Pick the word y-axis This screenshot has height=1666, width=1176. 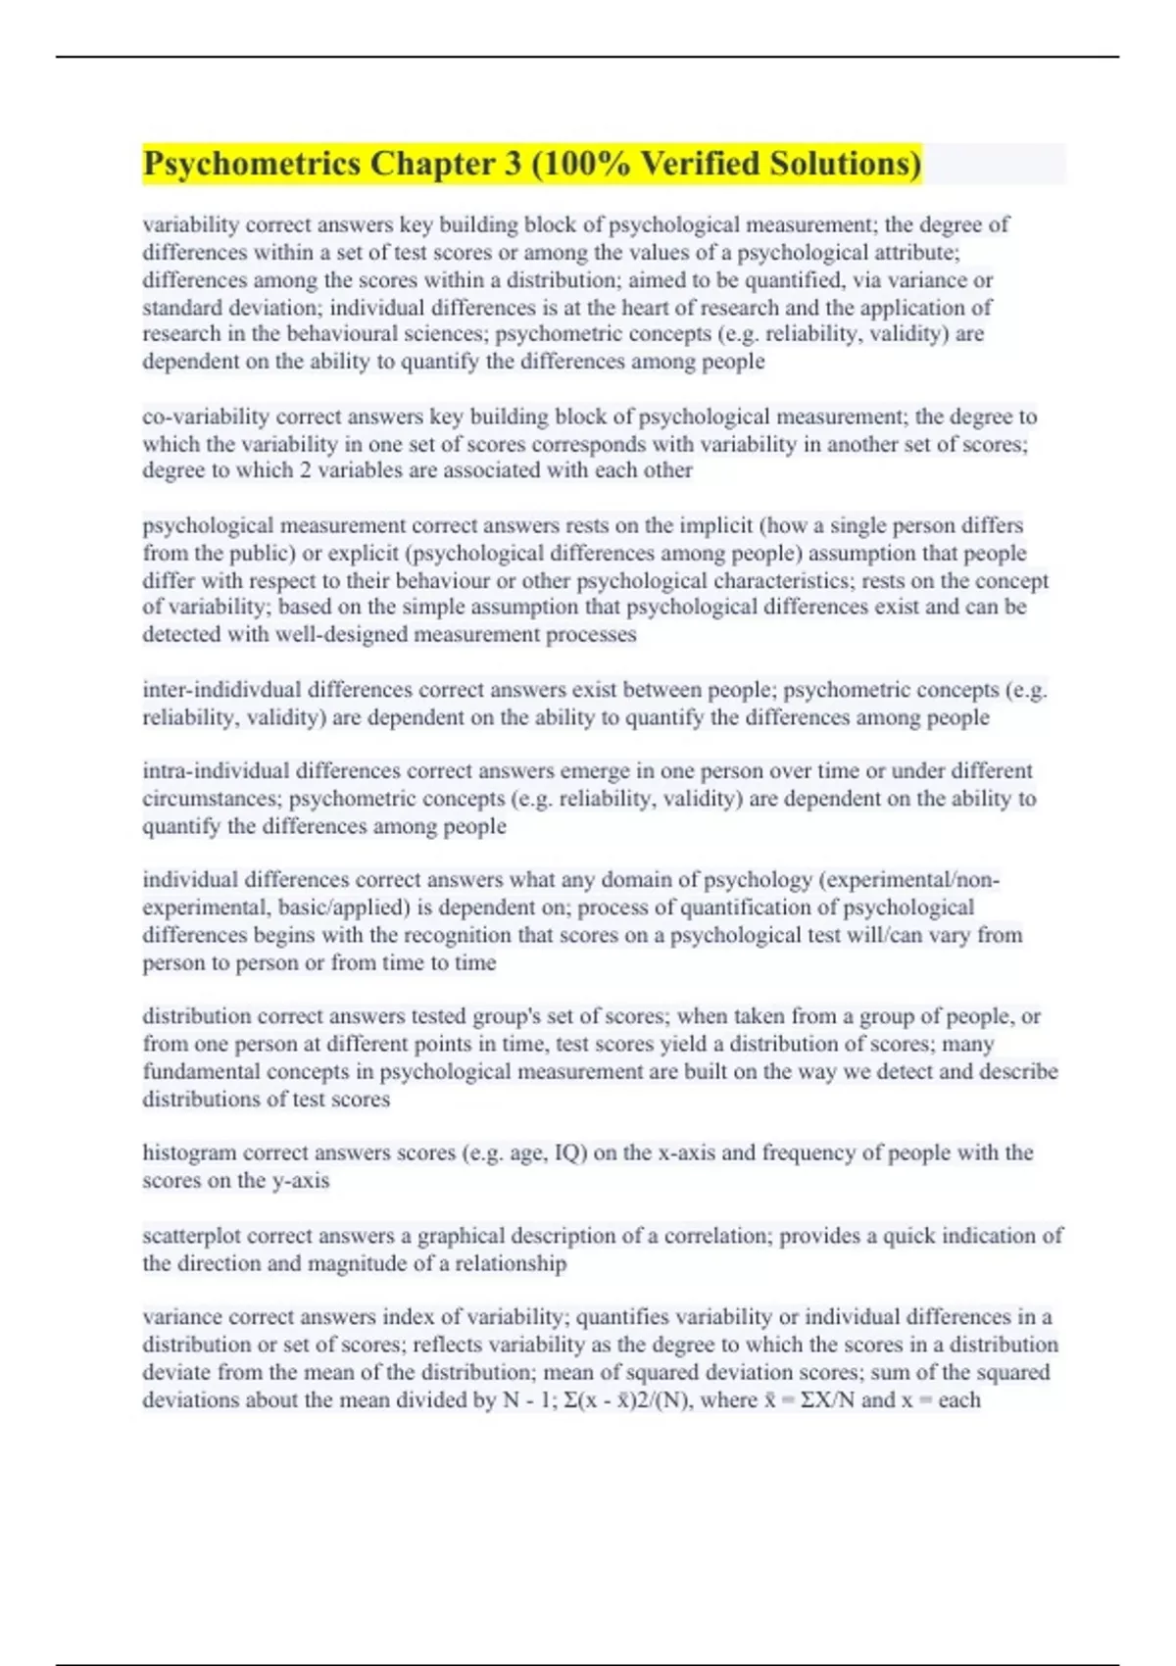click(299, 1180)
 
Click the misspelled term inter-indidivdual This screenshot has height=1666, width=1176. click(221, 690)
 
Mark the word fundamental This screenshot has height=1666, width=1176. click(202, 1071)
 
